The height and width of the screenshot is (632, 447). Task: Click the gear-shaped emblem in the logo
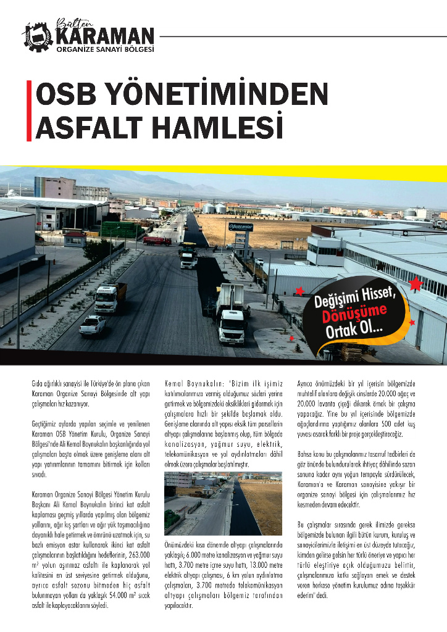(x=37, y=36)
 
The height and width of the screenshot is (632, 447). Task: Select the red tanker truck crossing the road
(x=157, y=240)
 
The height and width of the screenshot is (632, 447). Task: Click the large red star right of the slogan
(x=416, y=283)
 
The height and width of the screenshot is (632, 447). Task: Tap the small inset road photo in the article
(x=223, y=503)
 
